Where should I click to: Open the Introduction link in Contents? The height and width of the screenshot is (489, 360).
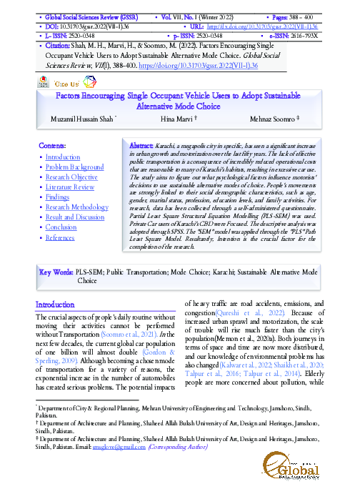point(63,157)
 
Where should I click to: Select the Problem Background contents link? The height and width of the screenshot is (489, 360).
point(75,167)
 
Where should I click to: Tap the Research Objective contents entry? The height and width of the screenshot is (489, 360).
point(71,177)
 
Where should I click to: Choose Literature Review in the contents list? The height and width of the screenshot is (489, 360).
point(69,187)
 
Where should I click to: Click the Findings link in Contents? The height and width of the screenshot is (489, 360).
point(58,197)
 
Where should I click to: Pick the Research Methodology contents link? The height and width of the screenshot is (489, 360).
point(77,207)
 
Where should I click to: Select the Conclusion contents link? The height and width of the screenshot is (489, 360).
point(61,227)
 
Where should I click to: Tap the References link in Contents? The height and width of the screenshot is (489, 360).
point(59,237)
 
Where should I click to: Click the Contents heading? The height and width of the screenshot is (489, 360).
point(52,145)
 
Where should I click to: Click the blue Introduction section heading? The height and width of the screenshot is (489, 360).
point(55,305)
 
